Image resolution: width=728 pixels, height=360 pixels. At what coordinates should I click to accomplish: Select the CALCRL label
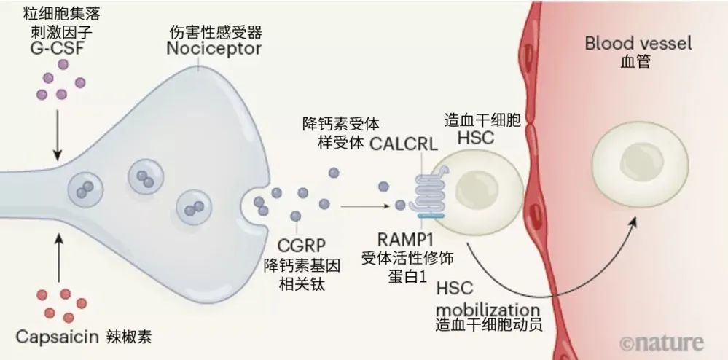click(x=403, y=142)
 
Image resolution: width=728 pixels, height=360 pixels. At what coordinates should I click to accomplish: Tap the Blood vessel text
click(x=638, y=43)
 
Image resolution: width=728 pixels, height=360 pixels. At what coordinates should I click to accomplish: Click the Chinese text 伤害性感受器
click(x=214, y=32)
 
